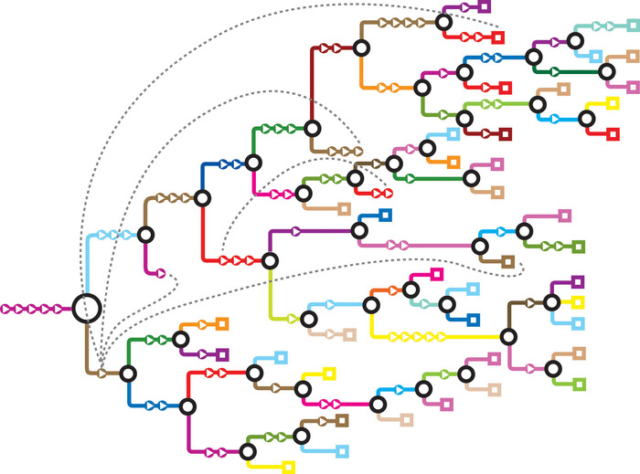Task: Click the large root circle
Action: pyautogui.click(x=85, y=309)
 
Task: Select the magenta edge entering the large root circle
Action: pyautogui.click(x=37, y=309)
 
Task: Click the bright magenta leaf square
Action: pyautogui.click(x=437, y=273)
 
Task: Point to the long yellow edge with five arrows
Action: pyautogui.click(x=439, y=337)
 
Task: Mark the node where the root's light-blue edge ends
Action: pyautogui.click(x=145, y=235)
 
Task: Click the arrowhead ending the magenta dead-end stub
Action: pyautogui.click(x=161, y=272)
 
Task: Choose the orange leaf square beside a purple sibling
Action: pyautogui.click(x=220, y=323)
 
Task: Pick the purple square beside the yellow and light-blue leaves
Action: pyautogui.click(x=578, y=281)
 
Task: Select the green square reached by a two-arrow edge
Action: pyautogui.click(x=578, y=247)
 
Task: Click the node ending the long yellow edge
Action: pyautogui.click(x=508, y=336)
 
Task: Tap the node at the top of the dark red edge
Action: pyautogui.click(x=361, y=47)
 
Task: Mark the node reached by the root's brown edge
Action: pyautogui.click(x=128, y=373)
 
